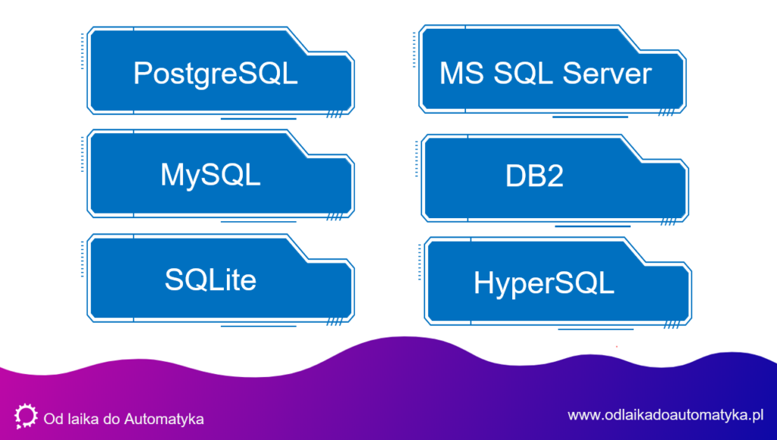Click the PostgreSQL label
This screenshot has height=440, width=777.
pos(215,74)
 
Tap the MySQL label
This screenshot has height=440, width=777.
pos(210,176)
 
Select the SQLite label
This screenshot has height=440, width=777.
pos(210,280)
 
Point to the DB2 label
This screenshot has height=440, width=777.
pos(534,177)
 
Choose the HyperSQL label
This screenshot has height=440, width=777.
pos(543,283)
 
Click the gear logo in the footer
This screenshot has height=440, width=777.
pos(26,416)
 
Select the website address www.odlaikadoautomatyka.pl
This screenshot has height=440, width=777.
pos(664,415)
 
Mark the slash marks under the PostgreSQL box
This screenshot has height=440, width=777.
pos(334,116)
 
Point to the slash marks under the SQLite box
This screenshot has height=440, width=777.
pos(334,323)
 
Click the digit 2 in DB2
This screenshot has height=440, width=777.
pos(554,177)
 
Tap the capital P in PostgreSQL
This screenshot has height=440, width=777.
pos(143,74)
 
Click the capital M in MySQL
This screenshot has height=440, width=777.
pos(171,176)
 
